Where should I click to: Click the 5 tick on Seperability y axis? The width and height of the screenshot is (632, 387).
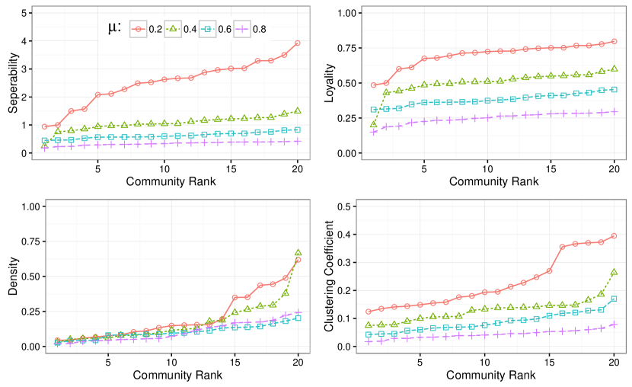coord(26,13)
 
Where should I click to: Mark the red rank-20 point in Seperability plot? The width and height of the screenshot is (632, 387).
coord(297,43)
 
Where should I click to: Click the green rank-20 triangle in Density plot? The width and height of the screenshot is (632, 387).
coord(298,253)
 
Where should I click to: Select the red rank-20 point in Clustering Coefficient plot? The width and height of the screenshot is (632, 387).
coord(614,236)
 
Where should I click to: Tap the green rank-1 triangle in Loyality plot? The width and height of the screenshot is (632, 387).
coord(373,125)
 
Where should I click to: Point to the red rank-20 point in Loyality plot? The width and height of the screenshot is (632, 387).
coord(614,41)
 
